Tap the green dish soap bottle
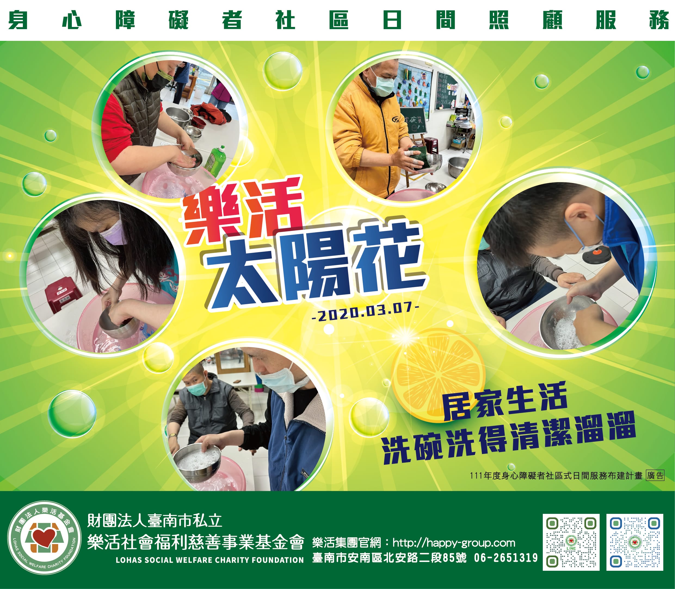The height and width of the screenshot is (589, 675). pyautogui.click(x=216, y=161)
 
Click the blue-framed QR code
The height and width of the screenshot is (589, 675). pyautogui.click(x=635, y=542)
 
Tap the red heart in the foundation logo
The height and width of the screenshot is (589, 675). pyautogui.click(x=45, y=537)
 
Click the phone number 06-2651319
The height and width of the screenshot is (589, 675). pyautogui.click(x=506, y=558)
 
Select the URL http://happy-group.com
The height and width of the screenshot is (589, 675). pyautogui.click(x=454, y=543)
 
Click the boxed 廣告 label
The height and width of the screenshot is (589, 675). pyautogui.click(x=655, y=475)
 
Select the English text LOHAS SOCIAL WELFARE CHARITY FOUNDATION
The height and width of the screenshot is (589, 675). pyautogui.click(x=210, y=560)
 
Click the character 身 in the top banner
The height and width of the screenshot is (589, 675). pyautogui.click(x=18, y=20)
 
